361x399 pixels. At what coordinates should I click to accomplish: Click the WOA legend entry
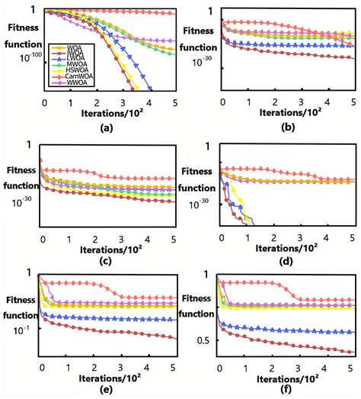pyautogui.click(x=65, y=48)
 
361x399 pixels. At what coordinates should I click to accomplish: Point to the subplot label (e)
pyautogui.click(x=106, y=388)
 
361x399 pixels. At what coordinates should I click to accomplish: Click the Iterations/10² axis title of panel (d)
pyautogui.click(x=287, y=248)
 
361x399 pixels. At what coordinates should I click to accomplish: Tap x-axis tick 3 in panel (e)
pyautogui.click(x=123, y=366)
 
